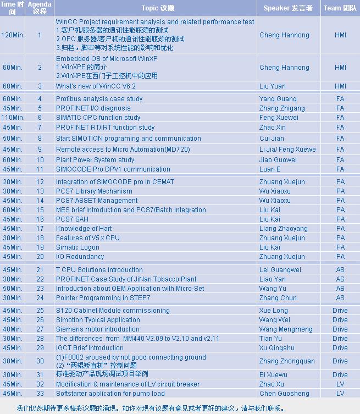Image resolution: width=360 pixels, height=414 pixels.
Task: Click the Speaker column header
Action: pos(287,8)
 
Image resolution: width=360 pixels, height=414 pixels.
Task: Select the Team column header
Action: pos(340,8)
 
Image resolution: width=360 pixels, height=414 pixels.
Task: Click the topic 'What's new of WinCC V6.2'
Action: pos(96,86)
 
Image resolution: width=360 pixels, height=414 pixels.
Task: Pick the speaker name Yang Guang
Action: pos(278,99)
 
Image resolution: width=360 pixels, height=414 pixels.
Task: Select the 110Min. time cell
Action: pos(13,118)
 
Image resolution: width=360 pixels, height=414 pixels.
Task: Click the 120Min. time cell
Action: pos(13,35)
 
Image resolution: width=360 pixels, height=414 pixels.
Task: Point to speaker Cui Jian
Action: pos(272,139)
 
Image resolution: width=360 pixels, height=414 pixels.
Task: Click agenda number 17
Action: pos(40,229)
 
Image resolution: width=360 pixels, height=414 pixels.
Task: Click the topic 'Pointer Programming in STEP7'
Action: pos(103,298)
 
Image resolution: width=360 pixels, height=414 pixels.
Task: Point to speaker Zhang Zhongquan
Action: pos(287,361)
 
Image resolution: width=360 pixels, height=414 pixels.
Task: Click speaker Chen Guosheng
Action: pos(284,394)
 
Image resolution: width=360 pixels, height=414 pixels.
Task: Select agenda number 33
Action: pos(40,394)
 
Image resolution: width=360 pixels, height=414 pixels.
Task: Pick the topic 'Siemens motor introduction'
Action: pos(97,329)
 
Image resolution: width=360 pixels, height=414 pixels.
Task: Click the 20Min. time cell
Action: pos(13,182)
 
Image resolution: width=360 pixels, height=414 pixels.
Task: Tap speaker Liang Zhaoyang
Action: pos(283,229)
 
